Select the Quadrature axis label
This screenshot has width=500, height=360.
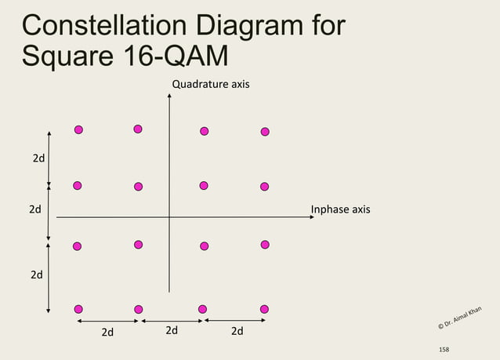(x=211, y=83)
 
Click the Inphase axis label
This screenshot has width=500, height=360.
(x=340, y=209)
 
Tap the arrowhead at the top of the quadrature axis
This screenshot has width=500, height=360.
(x=169, y=96)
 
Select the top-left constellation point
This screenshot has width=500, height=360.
(x=78, y=129)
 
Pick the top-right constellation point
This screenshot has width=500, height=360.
(x=265, y=131)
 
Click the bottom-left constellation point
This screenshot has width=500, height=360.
(x=78, y=309)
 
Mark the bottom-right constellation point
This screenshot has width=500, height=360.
(x=264, y=309)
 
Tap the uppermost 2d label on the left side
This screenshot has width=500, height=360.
(x=38, y=158)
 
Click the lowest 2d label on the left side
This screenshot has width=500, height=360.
(x=37, y=275)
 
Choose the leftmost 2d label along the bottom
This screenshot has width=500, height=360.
(x=107, y=332)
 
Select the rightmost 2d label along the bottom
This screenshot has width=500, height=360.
(x=237, y=331)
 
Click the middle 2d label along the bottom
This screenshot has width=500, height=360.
(x=172, y=330)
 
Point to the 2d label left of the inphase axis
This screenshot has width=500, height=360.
(x=35, y=209)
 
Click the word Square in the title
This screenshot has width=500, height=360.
(x=67, y=56)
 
